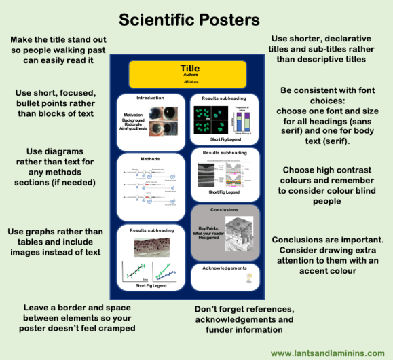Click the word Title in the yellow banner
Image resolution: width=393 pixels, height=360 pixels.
click(190, 68)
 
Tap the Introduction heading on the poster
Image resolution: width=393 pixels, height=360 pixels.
click(150, 98)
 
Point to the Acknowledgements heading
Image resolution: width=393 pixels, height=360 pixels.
click(225, 268)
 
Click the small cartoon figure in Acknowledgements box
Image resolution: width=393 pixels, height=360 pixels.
click(250, 277)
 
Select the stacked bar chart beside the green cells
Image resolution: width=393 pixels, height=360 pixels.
click(242, 122)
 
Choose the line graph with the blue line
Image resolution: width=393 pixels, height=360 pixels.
click(166, 273)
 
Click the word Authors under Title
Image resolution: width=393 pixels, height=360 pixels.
click(190, 75)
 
